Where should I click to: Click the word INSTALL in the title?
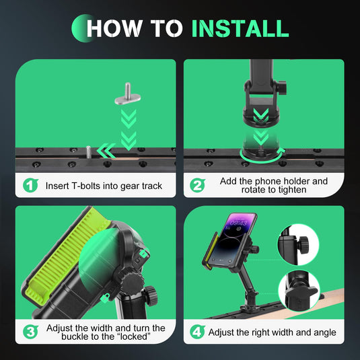coord(240,28)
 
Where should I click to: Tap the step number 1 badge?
coord(30,185)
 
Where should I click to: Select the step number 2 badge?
coord(197,185)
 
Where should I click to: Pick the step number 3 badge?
coord(30,332)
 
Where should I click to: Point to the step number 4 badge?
coord(197,332)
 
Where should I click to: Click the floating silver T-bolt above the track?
coord(127,94)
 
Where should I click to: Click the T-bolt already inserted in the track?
coord(88,152)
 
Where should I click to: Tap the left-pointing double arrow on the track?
coord(106,151)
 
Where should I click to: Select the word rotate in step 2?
coord(254,190)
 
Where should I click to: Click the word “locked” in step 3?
coord(134,336)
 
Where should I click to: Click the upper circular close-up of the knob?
coord(298,245)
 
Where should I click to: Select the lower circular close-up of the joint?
coord(299,291)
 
